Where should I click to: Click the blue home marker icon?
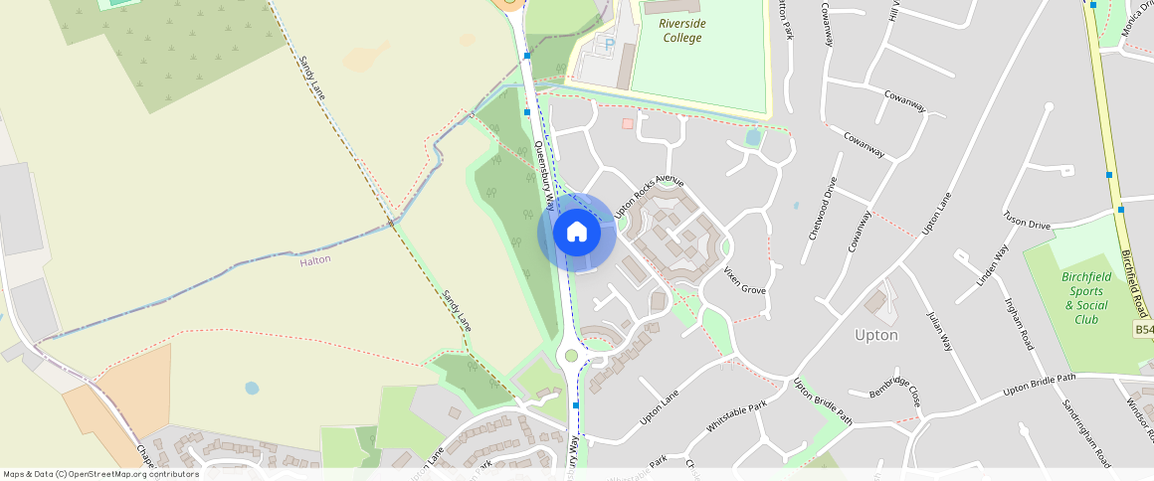[576, 233]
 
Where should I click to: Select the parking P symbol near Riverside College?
[609, 44]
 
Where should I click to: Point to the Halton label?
[314, 259]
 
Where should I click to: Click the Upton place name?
[875, 335]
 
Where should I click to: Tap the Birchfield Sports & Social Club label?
[1085, 298]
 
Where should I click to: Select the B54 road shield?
[1143, 330]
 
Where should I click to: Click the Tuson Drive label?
[1027, 220]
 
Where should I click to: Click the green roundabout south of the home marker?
[571, 355]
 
